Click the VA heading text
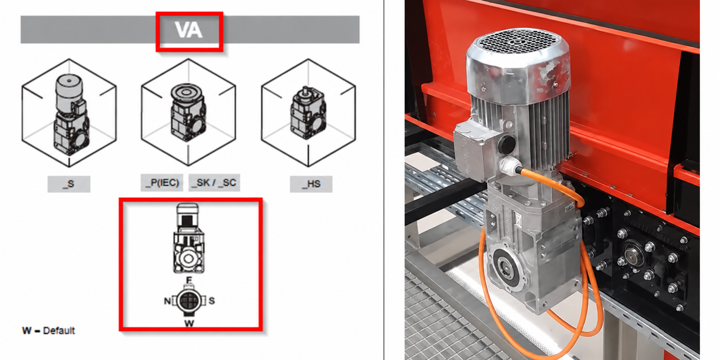(x=189, y=30)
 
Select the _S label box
(x=69, y=184)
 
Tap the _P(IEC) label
(x=162, y=182)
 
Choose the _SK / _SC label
(x=214, y=182)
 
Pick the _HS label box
(x=311, y=184)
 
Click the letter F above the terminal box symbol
(x=189, y=280)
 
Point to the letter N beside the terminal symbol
(x=167, y=301)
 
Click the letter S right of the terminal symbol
(x=211, y=301)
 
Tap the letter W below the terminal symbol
(x=189, y=323)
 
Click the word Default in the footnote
(x=59, y=331)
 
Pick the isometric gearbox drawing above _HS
(x=308, y=113)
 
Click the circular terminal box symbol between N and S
(x=188, y=301)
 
